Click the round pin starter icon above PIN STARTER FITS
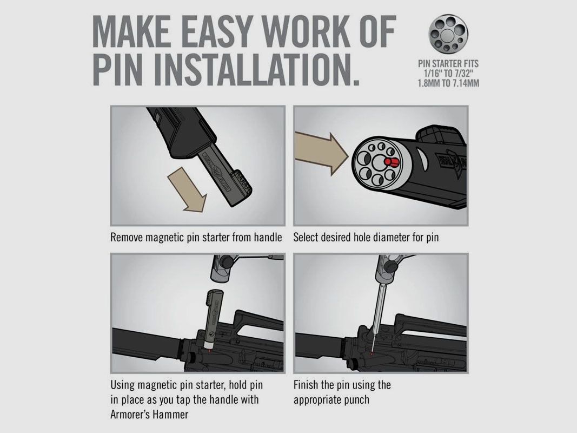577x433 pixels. click(x=448, y=34)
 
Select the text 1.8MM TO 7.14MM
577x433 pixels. click(x=448, y=83)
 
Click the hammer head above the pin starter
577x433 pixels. click(x=223, y=268)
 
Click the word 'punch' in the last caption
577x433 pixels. click(x=357, y=400)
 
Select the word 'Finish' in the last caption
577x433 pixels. click(x=306, y=385)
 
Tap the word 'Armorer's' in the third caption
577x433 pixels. click(x=131, y=415)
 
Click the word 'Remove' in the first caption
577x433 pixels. click(x=127, y=238)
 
